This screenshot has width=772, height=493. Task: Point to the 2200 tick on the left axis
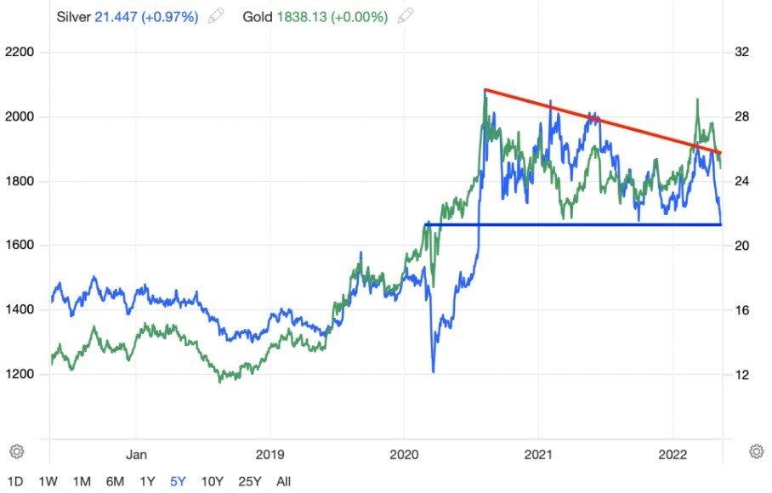point(20,53)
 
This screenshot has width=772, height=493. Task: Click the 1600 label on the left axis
point(20,246)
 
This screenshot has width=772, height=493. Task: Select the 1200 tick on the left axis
point(20,374)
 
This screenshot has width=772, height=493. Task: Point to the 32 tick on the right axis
point(741,53)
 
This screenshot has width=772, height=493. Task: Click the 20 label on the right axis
point(741,246)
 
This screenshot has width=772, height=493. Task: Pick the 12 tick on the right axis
point(741,374)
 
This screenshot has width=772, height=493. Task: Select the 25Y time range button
point(250,481)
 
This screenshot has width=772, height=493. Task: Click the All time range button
point(284,481)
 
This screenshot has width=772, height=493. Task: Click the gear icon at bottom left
point(16,450)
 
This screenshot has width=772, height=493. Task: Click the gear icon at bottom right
point(755,450)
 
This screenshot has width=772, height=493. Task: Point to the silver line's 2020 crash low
point(433,371)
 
